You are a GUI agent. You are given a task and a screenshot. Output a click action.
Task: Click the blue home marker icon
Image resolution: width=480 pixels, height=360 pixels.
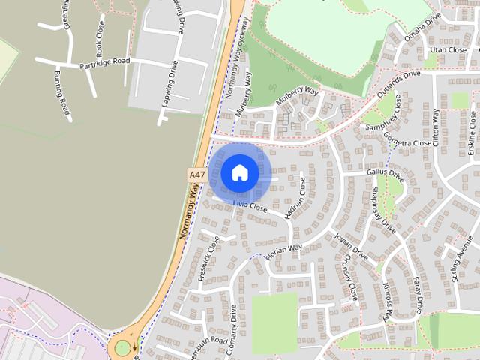click(239, 172)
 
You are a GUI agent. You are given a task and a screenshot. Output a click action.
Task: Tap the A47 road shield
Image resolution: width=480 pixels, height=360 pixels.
click(196, 174)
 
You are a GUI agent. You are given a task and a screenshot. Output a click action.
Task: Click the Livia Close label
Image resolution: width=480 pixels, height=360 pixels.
click(250, 205)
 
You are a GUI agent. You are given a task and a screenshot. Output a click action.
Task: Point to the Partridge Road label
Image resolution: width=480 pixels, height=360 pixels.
click(104, 62)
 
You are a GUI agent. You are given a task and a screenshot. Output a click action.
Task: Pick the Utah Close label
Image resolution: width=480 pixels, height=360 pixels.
click(447, 49)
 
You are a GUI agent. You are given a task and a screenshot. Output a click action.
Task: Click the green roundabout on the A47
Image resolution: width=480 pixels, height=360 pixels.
click(120, 348)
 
